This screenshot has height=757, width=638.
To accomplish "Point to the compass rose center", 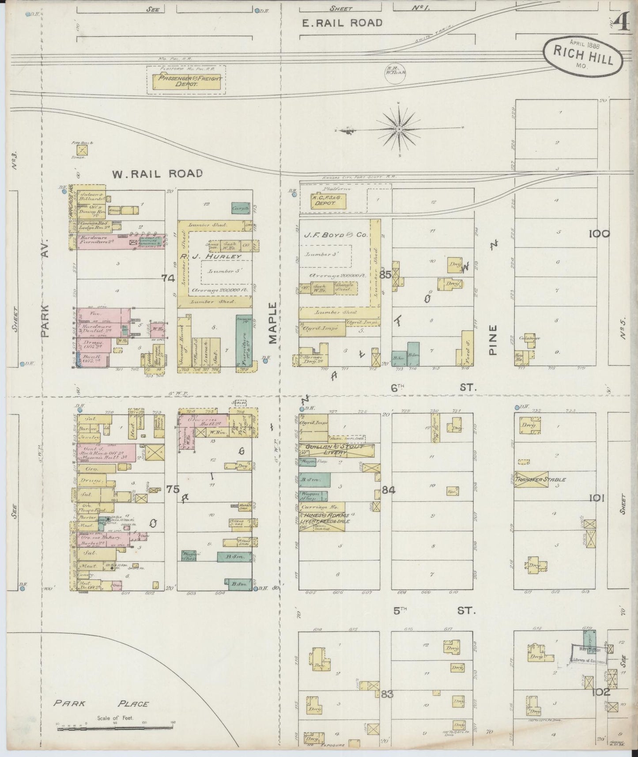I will point(399,129).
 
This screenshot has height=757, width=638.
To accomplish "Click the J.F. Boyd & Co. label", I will point(336,235).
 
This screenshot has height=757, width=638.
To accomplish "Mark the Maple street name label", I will point(273,322).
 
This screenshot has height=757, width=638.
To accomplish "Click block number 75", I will point(173,489).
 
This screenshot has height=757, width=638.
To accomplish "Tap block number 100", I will point(599,234).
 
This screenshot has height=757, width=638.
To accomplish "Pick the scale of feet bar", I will point(115,727).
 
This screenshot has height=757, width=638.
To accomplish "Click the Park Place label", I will point(101,704).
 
